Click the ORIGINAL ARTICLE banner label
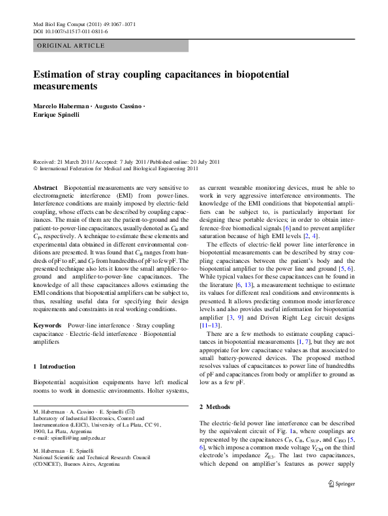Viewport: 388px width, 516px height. coord(72,46)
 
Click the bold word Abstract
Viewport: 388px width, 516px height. coord(45,187)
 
